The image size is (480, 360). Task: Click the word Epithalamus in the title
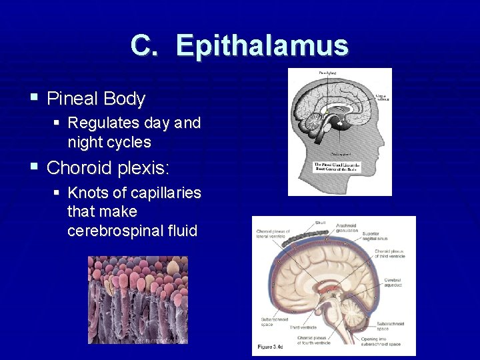(262, 46)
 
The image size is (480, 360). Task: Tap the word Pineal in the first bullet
(73, 99)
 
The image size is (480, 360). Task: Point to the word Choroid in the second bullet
(79, 167)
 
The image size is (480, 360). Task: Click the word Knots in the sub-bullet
(87, 193)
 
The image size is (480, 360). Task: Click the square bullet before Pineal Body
(34, 99)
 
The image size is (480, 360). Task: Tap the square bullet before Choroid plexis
(34, 166)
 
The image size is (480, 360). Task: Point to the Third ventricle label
(303, 327)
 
